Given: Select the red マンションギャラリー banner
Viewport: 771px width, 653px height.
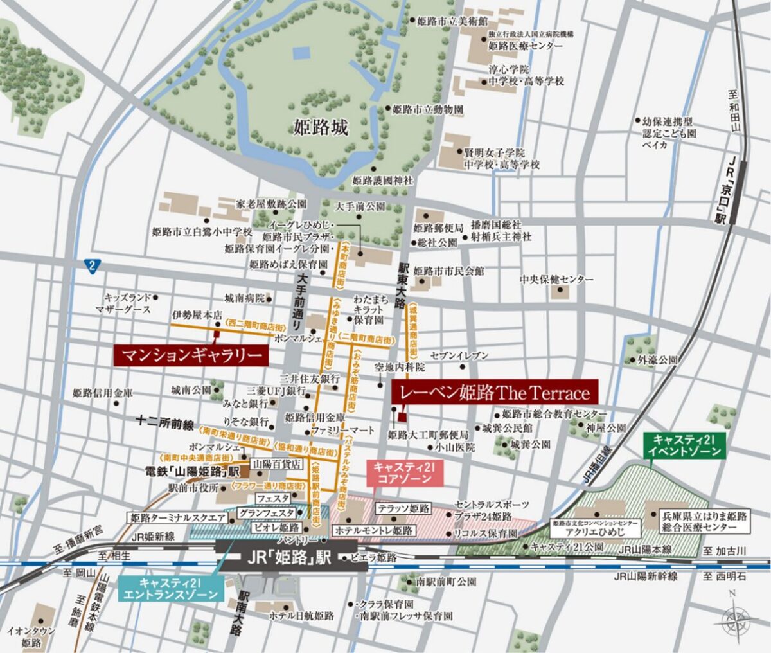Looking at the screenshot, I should (x=191, y=355).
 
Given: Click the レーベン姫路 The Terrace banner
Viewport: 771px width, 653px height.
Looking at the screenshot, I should (x=495, y=392).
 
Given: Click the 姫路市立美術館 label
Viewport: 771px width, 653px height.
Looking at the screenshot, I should (x=448, y=21).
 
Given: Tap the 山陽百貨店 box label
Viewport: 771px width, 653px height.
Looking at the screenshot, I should (x=277, y=463).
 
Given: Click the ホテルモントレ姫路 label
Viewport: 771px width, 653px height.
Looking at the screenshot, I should (x=373, y=531).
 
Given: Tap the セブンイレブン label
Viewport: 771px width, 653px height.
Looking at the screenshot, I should (x=459, y=356).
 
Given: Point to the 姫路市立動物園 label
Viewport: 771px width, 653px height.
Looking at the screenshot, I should (x=427, y=110).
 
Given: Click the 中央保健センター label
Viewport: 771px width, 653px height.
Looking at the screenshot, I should (x=556, y=280).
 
